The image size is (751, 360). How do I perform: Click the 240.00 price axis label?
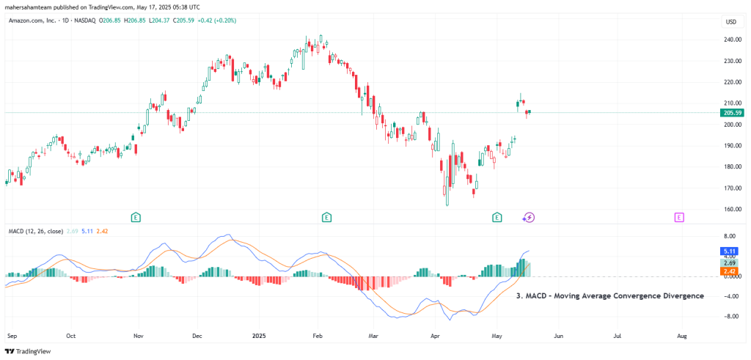point(730,40)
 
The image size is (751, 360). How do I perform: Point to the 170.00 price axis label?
point(730,188)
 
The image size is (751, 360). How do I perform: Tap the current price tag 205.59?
point(732,113)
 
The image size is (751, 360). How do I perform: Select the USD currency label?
point(730,22)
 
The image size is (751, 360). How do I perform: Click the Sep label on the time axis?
point(11,335)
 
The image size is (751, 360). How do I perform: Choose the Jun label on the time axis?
point(558,335)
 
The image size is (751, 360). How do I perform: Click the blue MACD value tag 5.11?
point(730,251)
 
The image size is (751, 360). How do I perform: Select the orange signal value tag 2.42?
point(730,270)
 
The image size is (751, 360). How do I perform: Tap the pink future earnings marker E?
point(679,217)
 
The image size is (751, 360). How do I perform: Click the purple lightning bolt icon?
point(529,217)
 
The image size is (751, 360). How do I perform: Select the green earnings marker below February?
point(326,217)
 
